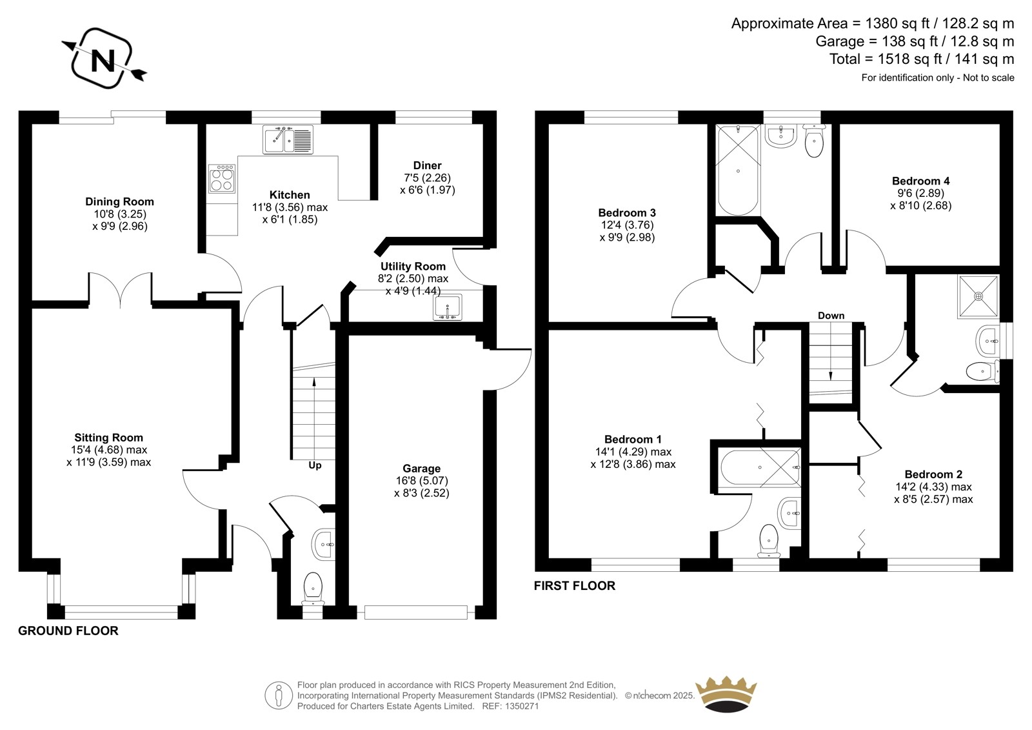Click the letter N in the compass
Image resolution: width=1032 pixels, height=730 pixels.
[103, 61]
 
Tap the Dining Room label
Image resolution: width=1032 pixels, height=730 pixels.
[119, 201]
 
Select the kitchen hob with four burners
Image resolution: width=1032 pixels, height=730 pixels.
[222, 179]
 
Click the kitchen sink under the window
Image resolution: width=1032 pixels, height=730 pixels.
[288, 139]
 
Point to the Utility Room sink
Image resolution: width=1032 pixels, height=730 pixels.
[448, 307]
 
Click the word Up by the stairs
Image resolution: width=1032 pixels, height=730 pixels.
[315, 465]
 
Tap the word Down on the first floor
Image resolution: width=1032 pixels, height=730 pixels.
[831, 316]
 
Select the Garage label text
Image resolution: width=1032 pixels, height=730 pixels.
[422, 469]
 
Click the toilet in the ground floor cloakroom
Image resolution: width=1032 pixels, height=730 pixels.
[313, 589]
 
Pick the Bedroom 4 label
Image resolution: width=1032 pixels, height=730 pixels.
[920, 181]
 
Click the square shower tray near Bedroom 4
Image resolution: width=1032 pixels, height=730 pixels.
[978, 296]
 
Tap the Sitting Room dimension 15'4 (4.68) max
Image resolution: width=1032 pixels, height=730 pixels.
[109, 450]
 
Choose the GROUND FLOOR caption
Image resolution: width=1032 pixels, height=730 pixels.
[68, 631]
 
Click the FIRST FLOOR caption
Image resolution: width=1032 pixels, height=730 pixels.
[575, 585]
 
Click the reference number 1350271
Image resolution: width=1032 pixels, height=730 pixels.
[522, 706]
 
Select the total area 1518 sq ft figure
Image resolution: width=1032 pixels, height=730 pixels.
[890, 59]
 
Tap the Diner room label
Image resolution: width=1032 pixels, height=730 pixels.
[427, 165]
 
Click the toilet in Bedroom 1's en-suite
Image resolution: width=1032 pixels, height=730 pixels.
[768, 540]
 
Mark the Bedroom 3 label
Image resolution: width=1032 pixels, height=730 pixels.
[626, 212]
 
